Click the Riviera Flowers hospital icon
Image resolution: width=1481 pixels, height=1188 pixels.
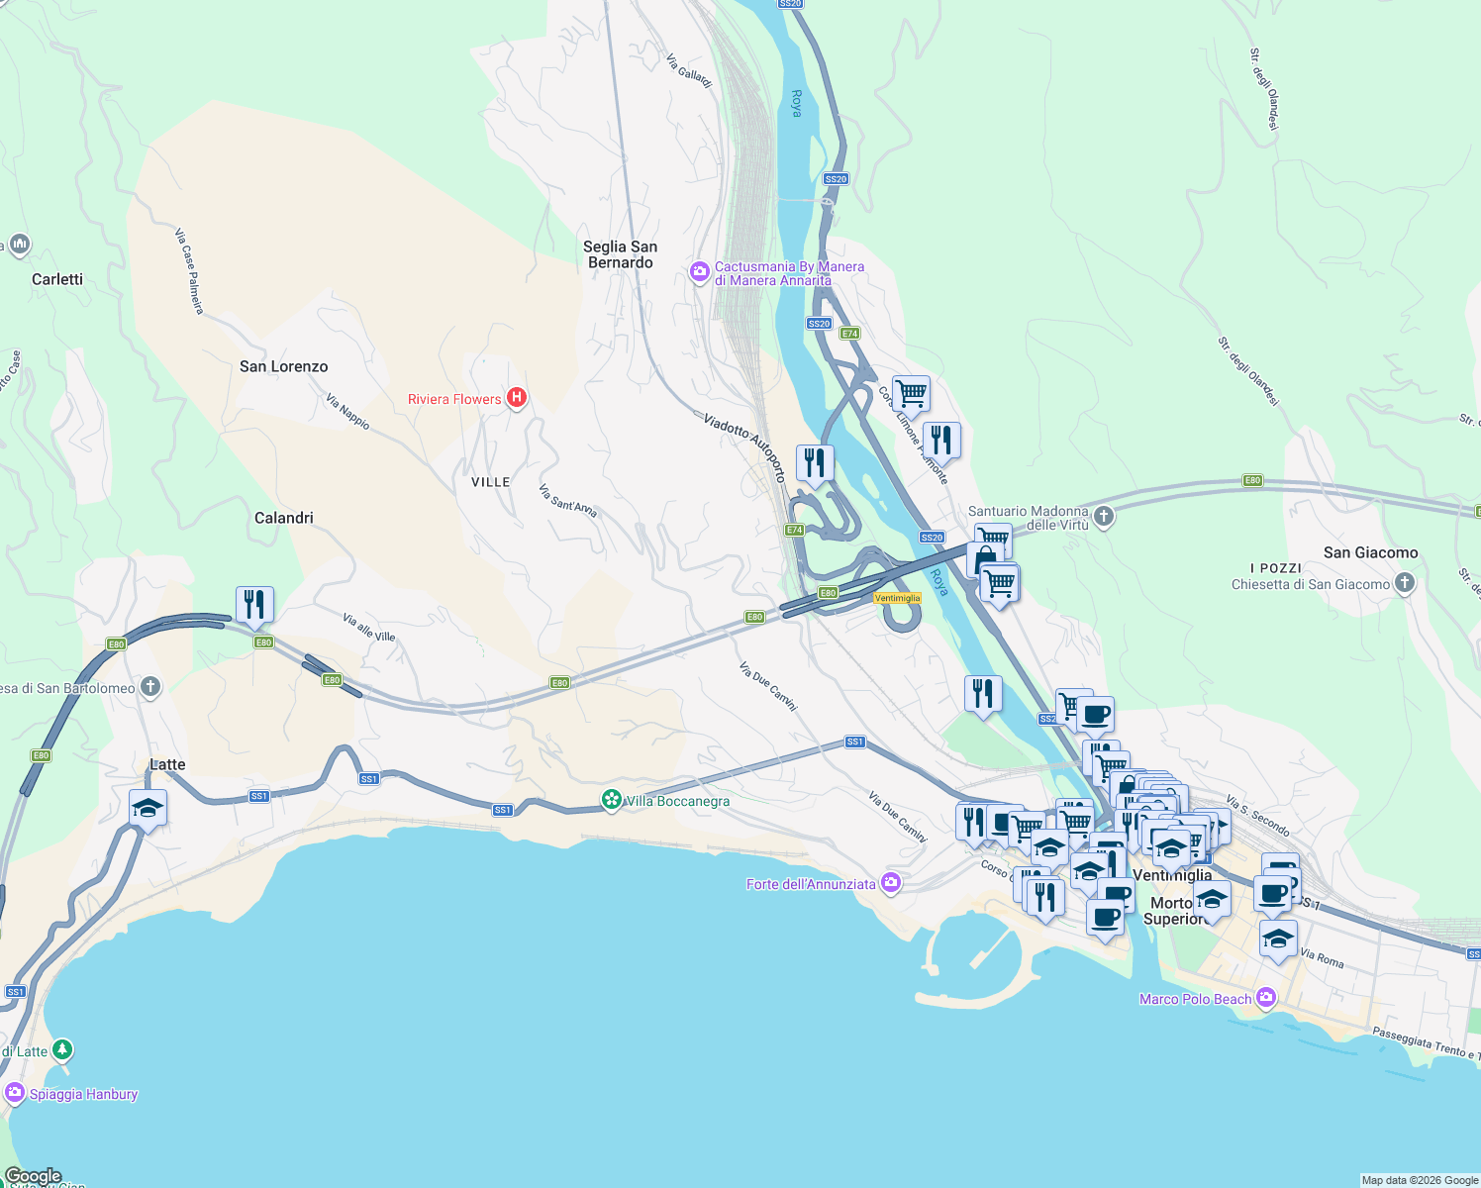516,398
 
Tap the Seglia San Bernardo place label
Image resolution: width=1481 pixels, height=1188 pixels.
620,254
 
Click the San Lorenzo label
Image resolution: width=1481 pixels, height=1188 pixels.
283,366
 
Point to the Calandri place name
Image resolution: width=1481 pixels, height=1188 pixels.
283,518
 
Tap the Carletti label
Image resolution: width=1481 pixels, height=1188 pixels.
57,279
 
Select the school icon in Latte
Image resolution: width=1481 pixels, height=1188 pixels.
148,808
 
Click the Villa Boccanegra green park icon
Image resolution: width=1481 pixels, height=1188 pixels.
612,800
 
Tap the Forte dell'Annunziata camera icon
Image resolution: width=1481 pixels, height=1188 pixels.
891,883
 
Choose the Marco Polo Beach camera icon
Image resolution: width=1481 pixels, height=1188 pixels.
1265,998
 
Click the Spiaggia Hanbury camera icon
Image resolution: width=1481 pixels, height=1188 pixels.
15,1093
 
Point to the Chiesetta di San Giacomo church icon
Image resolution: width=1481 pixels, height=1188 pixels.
1404,583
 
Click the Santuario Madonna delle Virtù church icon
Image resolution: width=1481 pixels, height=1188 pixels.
1104,516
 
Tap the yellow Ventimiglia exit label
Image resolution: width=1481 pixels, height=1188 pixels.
897,598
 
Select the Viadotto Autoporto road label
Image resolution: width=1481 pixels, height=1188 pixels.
744,447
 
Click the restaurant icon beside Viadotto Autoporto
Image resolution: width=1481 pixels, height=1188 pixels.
814,462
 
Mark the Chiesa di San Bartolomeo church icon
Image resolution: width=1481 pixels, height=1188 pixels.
149,687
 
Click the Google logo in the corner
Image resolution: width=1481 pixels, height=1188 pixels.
33,1176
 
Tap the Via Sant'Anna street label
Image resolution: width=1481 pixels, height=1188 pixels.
567,501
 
